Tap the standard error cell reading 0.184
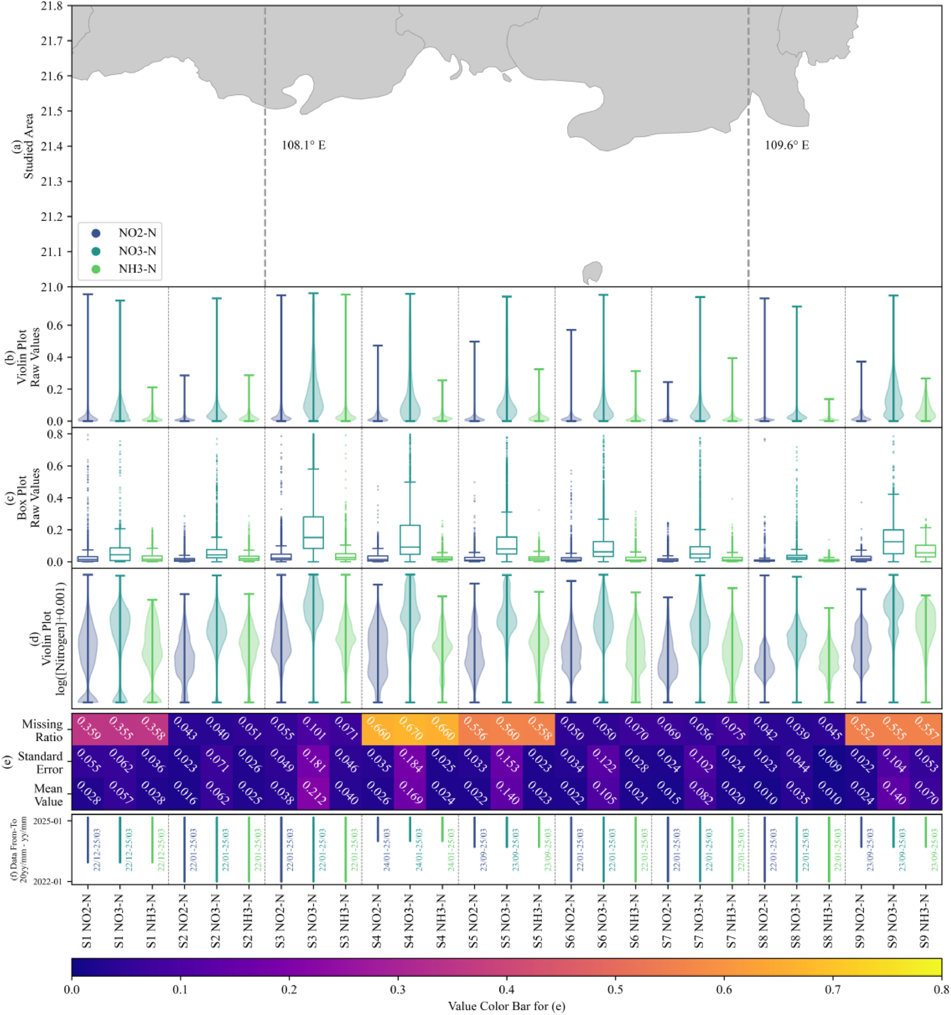[x=409, y=761]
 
